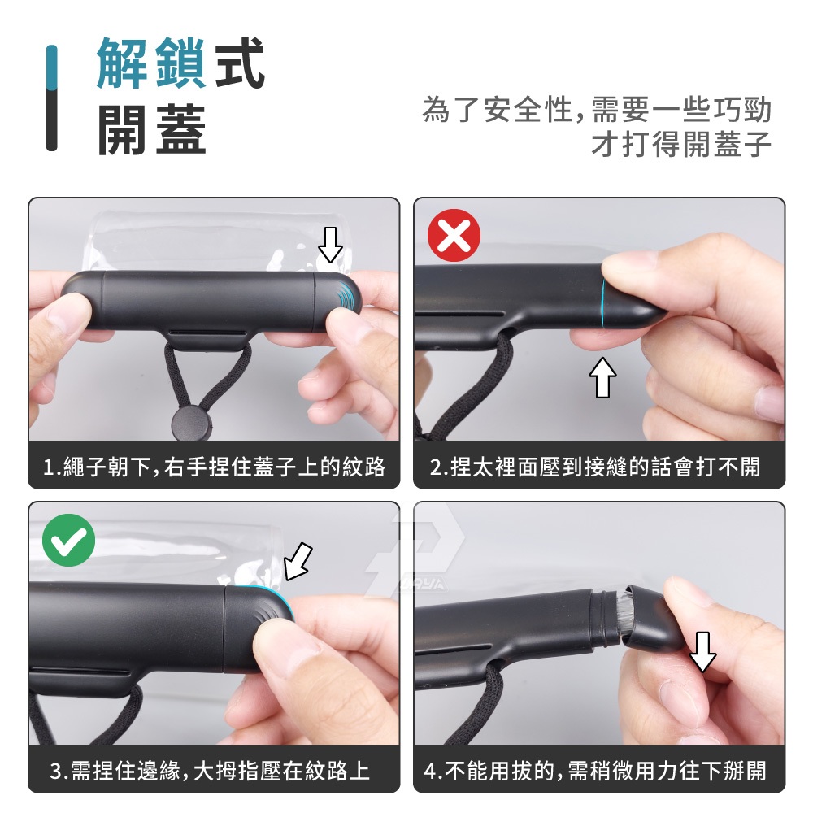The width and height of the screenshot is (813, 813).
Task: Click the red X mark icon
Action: (454, 235)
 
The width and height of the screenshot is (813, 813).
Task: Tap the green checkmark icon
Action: (68, 540)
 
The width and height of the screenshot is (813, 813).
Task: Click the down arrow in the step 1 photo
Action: (330, 245)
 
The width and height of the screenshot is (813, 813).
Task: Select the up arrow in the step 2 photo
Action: (602, 377)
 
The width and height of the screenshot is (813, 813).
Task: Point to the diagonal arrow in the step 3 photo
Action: (298, 561)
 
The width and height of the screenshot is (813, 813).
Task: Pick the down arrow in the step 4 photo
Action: (702, 652)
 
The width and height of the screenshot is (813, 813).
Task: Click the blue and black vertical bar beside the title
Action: (51, 98)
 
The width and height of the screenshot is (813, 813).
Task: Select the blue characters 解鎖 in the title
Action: (151, 63)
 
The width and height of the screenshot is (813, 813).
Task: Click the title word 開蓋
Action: (152, 129)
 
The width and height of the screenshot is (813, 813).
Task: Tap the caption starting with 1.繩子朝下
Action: (214, 467)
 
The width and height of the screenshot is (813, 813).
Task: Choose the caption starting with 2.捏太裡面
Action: (595, 467)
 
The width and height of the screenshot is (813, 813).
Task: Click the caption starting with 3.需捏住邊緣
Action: (210, 771)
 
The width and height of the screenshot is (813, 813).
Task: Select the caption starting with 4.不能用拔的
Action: (595, 771)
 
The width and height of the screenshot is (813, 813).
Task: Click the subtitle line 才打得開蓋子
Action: (681, 144)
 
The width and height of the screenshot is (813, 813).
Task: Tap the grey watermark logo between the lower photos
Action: (415, 551)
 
